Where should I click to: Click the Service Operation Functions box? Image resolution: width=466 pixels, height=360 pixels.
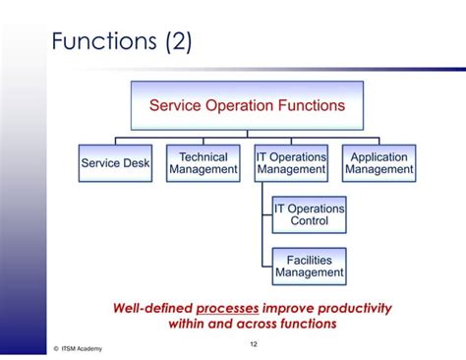247,105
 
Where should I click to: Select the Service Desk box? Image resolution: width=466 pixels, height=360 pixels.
115,163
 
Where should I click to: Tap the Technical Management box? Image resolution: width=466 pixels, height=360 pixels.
203,163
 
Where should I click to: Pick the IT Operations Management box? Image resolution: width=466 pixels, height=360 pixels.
291,163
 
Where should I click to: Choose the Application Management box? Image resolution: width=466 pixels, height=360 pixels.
379,163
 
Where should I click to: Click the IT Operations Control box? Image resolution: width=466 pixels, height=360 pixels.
309,214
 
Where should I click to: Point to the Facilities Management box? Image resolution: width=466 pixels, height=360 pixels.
309,266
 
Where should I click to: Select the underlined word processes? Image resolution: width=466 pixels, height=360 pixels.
228,307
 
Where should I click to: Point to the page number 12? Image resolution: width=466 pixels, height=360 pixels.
253,342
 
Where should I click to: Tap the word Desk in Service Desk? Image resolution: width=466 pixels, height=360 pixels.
137,163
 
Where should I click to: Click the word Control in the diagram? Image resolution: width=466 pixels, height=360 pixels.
309,221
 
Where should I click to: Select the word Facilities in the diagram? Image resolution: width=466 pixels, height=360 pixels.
309,260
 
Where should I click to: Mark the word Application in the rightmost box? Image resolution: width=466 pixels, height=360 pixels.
379,156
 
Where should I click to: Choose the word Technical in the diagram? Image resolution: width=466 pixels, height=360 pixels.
203,156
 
